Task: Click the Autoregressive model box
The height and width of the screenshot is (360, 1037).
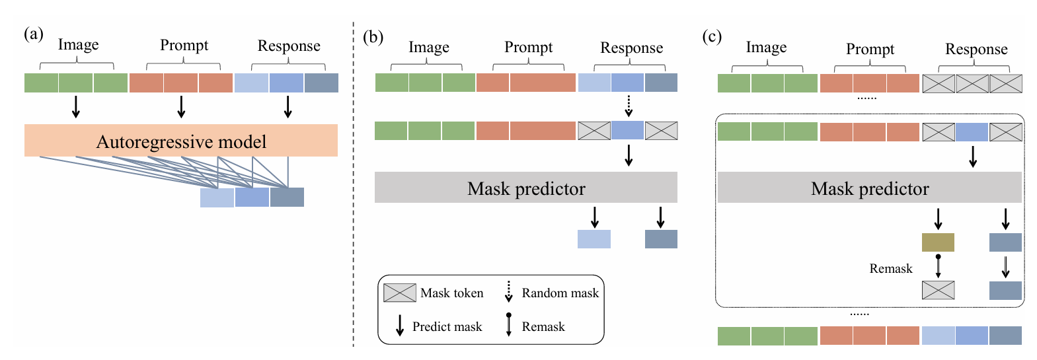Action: point(180,141)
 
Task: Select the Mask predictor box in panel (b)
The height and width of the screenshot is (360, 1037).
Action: point(525,188)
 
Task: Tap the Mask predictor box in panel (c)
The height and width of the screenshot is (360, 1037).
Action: point(869,188)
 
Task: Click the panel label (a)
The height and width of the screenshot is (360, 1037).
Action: point(33,34)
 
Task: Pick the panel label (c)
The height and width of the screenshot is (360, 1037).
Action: point(711,36)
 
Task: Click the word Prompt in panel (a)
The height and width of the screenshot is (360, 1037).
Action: point(184,45)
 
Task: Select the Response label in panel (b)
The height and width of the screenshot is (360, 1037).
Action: point(631,48)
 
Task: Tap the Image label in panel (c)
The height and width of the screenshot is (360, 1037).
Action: point(766,48)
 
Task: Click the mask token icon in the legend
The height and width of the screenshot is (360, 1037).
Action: point(399,293)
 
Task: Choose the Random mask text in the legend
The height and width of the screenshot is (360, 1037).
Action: point(560,293)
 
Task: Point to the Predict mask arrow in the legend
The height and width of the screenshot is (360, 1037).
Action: point(399,326)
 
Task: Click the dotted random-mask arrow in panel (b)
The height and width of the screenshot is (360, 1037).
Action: point(629,105)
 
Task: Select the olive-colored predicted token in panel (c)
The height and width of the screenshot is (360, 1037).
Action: point(938,242)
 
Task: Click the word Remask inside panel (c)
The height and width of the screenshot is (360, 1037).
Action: point(890,268)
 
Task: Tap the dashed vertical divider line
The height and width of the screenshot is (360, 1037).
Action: point(354,185)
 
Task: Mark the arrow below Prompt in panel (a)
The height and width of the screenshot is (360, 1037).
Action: point(181,106)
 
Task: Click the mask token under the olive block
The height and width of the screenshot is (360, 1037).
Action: point(938,290)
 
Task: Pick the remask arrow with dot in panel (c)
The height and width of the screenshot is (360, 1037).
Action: point(938,266)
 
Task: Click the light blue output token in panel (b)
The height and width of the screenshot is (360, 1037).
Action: point(594,238)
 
